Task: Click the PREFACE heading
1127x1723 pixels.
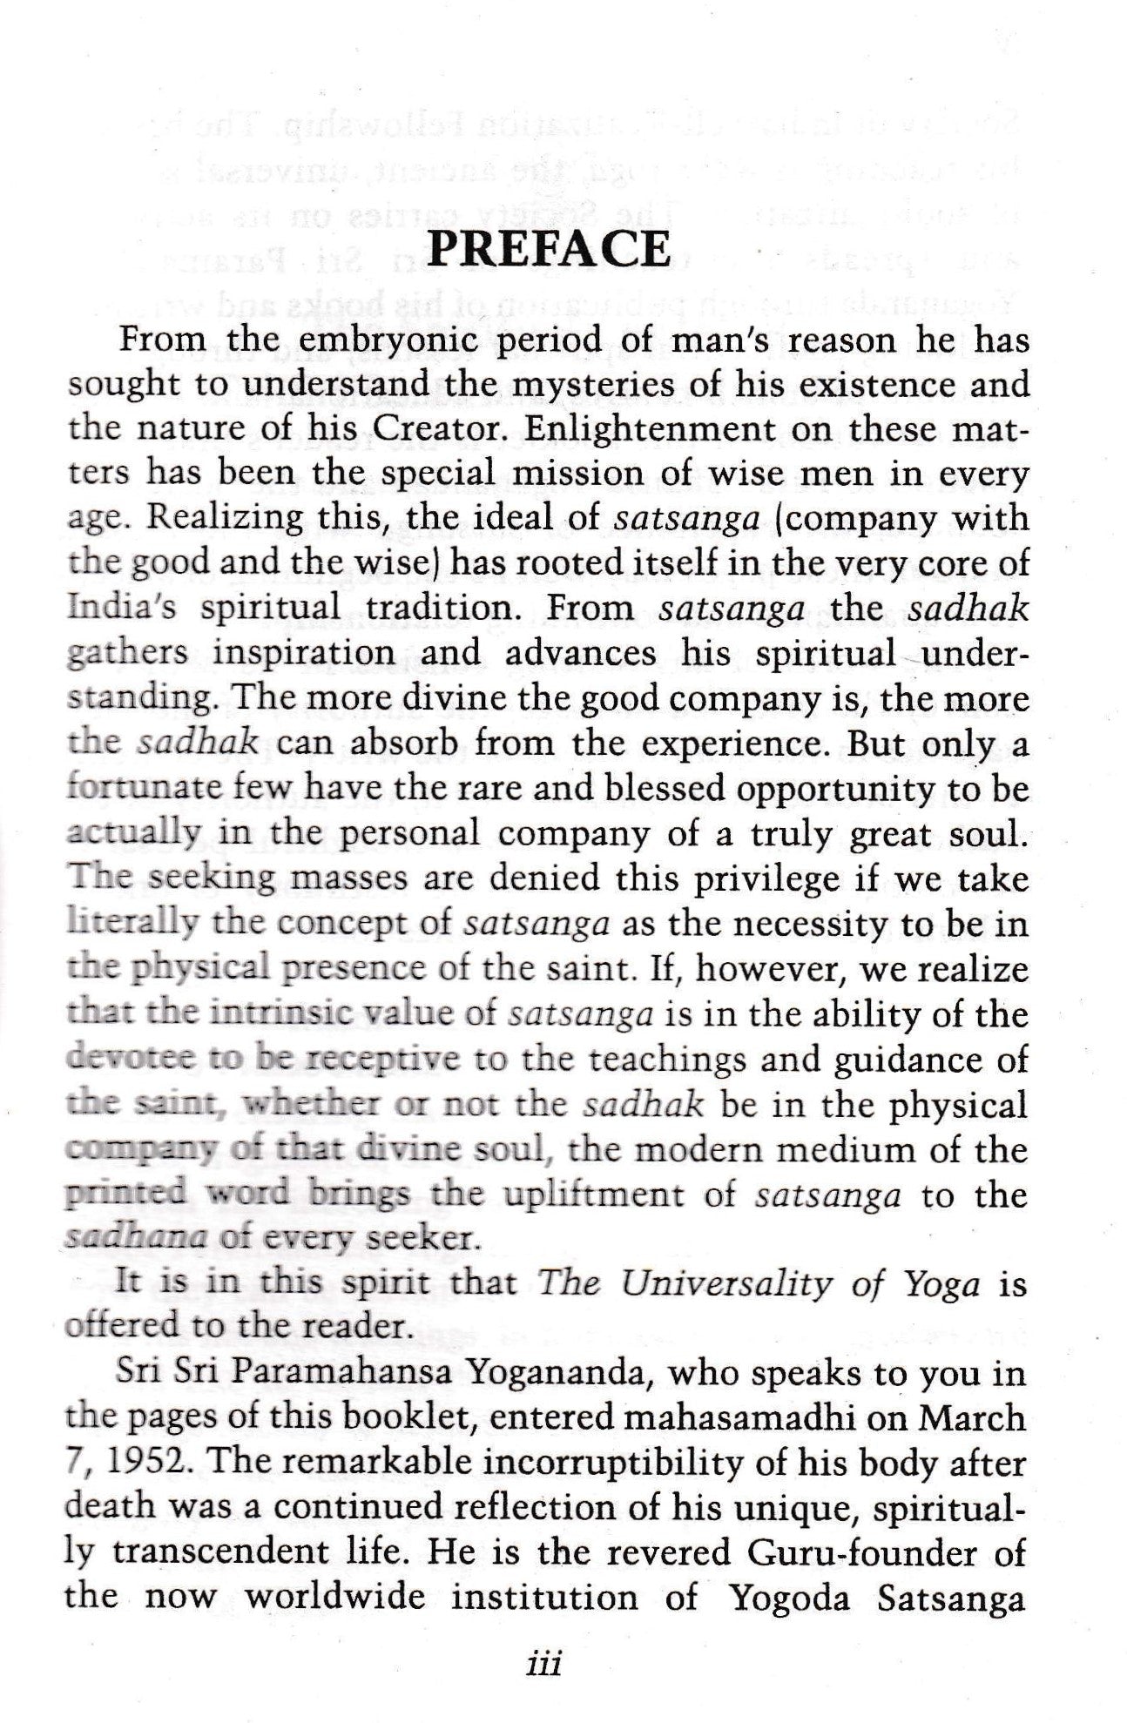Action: coord(550,250)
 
